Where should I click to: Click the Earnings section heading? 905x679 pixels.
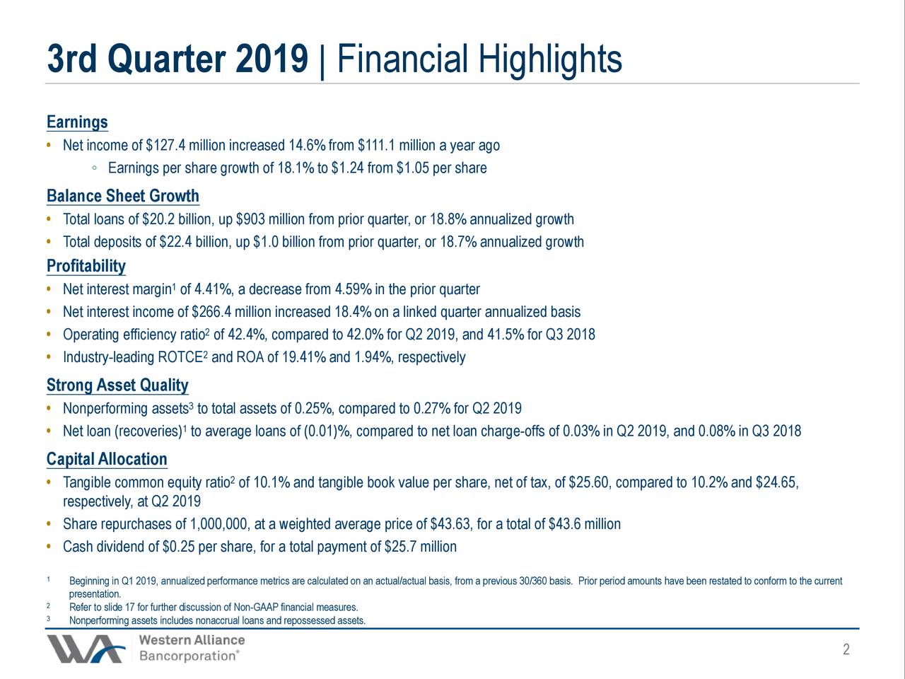(x=77, y=122)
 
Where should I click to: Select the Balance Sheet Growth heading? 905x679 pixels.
(x=122, y=196)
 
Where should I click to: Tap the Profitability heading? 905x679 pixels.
(x=86, y=267)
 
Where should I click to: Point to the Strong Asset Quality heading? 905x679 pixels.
(x=117, y=385)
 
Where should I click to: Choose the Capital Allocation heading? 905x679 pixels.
(x=107, y=459)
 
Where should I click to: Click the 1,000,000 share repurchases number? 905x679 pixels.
(x=219, y=525)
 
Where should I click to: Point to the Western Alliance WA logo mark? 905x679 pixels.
(x=85, y=648)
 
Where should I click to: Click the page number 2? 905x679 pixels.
(x=846, y=650)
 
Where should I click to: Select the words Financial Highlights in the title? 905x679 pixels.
(x=479, y=60)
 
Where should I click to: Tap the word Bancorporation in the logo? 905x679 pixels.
(x=188, y=656)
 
